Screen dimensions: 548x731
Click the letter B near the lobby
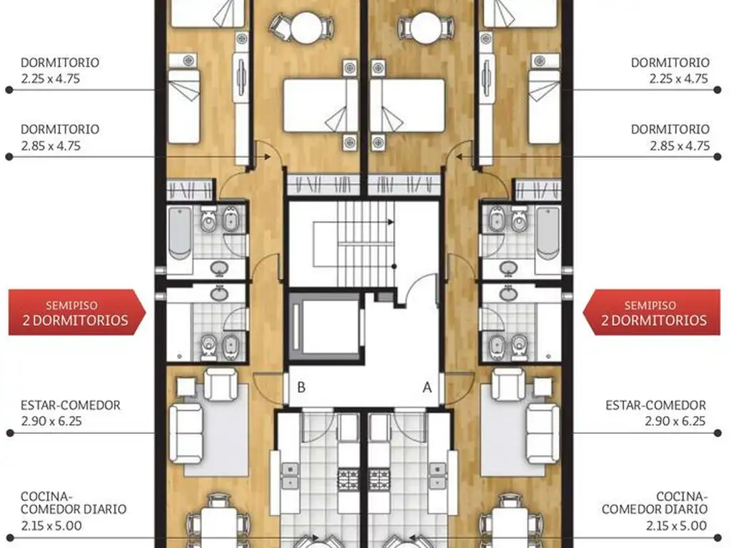(x=302, y=387)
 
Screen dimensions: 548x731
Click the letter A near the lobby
(x=428, y=387)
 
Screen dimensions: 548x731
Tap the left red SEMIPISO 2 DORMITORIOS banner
(x=76, y=313)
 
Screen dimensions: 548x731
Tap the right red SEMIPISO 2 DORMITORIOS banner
(x=655, y=313)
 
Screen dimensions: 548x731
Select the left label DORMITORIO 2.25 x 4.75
(x=60, y=71)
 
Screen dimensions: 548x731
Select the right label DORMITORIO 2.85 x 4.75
(x=670, y=138)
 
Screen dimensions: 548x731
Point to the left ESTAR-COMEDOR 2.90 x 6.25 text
(x=70, y=413)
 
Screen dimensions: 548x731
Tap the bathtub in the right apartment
(x=548, y=231)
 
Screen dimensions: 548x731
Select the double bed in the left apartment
(x=321, y=106)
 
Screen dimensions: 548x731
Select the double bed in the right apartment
(x=408, y=106)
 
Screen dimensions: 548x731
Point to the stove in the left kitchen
(x=348, y=476)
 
